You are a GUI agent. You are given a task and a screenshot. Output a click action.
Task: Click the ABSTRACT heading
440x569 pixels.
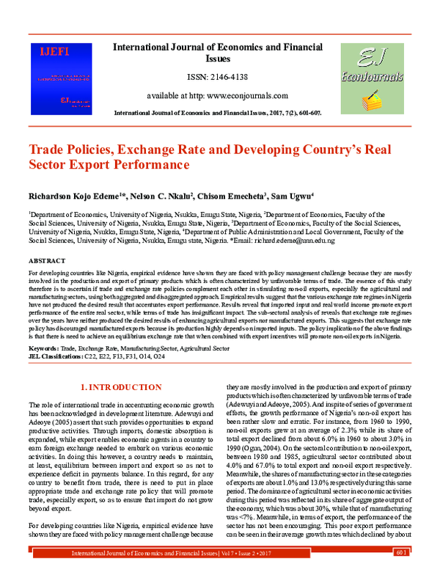click(x=47, y=261)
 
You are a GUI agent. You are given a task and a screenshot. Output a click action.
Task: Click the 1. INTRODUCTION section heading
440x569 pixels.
click(x=120, y=386)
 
